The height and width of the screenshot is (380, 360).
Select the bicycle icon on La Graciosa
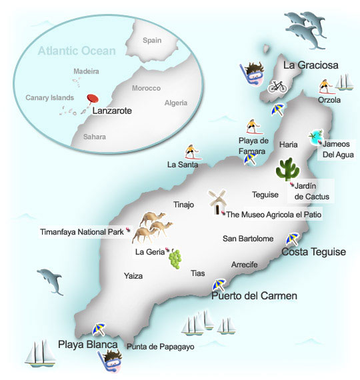[x=277, y=86]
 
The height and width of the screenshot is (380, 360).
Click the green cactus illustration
[x=288, y=169]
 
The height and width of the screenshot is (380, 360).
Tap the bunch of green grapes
[x=175, y=258]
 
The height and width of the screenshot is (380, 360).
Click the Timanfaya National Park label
[x=82, y=232]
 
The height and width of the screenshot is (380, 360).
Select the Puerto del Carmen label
[x=254, y=296]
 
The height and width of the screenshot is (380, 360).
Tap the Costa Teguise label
[x=313, y=251]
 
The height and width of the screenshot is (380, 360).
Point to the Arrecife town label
[x=244, y=264]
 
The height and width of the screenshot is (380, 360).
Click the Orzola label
[x=329, y=100]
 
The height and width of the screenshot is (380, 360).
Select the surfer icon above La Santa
[x=191, y=152]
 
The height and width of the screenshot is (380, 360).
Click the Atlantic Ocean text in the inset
[x=77, y=50]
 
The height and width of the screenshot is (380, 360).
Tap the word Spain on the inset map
[x=152, y=40]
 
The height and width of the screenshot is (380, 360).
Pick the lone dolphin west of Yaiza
[x=51, y=279]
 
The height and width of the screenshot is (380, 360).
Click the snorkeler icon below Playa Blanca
[x=110, y=361]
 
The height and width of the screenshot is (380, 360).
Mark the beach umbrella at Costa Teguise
[x=292, y=239]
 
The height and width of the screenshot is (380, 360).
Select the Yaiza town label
[x=133, y=275]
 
